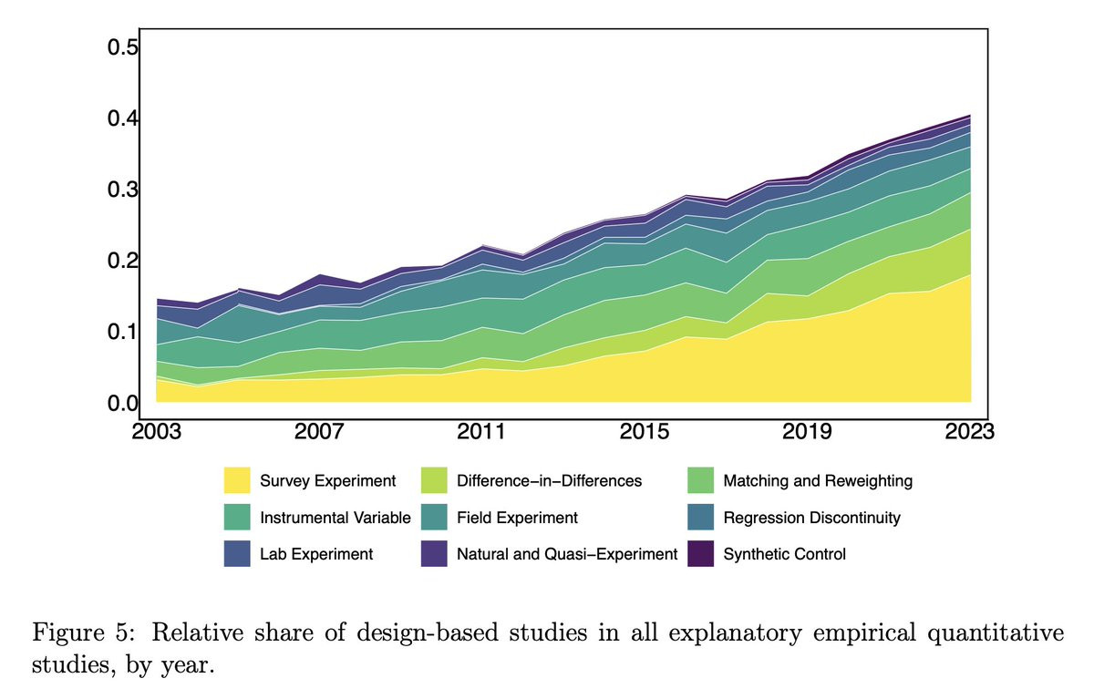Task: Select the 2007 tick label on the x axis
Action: coord(318,430)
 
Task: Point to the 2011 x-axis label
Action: coord(481,430)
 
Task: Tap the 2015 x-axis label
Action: coord(645,430)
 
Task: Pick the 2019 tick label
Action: coord(808,430)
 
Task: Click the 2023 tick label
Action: coord(968,430)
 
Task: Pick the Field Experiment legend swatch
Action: coord(434,518)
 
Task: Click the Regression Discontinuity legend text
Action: coord(811,518)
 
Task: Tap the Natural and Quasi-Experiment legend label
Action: coord(567,554)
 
